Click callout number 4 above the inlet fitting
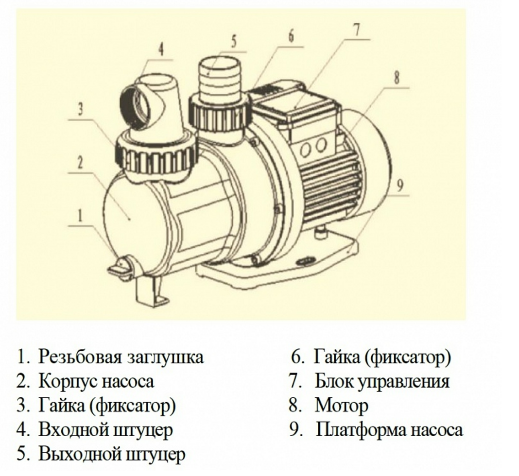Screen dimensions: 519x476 (x=160, y=49)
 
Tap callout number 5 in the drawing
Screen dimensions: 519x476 (x=233, y=41)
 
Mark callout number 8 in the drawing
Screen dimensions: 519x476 (x=396, y=78)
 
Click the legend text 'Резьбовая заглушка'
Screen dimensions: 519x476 (x=121, y=357)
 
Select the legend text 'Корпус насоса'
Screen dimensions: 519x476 (x=96, y=381)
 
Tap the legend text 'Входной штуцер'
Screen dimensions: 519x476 (x=105, y=429)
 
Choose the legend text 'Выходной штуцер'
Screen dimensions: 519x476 (x=111, y=454)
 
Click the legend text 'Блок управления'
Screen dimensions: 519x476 (x=382, y=381)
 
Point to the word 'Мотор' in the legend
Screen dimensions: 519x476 (x=342, y=405)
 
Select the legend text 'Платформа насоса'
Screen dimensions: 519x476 (x=389, y=429)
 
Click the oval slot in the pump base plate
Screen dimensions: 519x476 (x=306, y=261)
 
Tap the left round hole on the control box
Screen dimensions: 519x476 (x=305, y=150)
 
